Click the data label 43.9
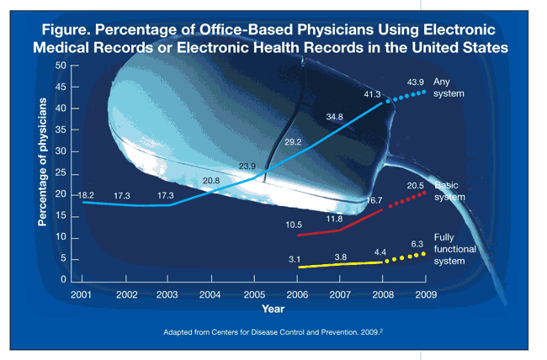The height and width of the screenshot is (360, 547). pos(415,82)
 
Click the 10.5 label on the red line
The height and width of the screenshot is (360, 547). pos(295,224)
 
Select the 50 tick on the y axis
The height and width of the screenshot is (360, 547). pos(62,66)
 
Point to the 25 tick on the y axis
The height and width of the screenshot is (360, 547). pos(62,172)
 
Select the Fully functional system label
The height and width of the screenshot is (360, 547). pos(455,249)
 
